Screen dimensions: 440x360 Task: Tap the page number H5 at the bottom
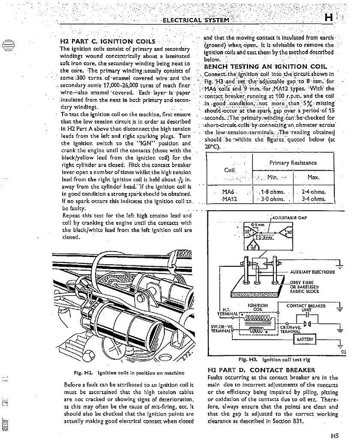point(334,435)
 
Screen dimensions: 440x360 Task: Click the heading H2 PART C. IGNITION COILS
point(108,42)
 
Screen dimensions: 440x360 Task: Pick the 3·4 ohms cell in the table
point(314,199)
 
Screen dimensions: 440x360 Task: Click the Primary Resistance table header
point(293,163)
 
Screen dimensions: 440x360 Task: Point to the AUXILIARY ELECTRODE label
point(312,272)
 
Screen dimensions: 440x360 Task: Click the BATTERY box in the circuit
point(305,340)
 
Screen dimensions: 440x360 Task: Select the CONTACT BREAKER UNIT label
point(306,308)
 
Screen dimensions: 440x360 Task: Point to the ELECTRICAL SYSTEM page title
point(195,20)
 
